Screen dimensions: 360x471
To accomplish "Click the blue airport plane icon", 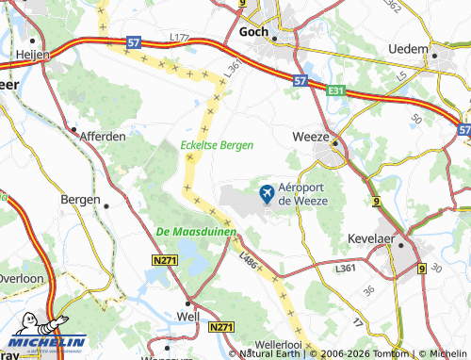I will click(x=267, y=194).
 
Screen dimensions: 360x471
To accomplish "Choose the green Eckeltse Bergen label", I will click(x=218, y=145).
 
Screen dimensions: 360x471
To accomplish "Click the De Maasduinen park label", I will click(x=196, y=232).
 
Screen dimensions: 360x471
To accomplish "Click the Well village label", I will click(x=188, y=318).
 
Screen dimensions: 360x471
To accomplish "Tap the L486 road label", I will click(x=250, y=256).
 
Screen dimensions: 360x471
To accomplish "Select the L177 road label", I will click(x=180, y=37).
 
